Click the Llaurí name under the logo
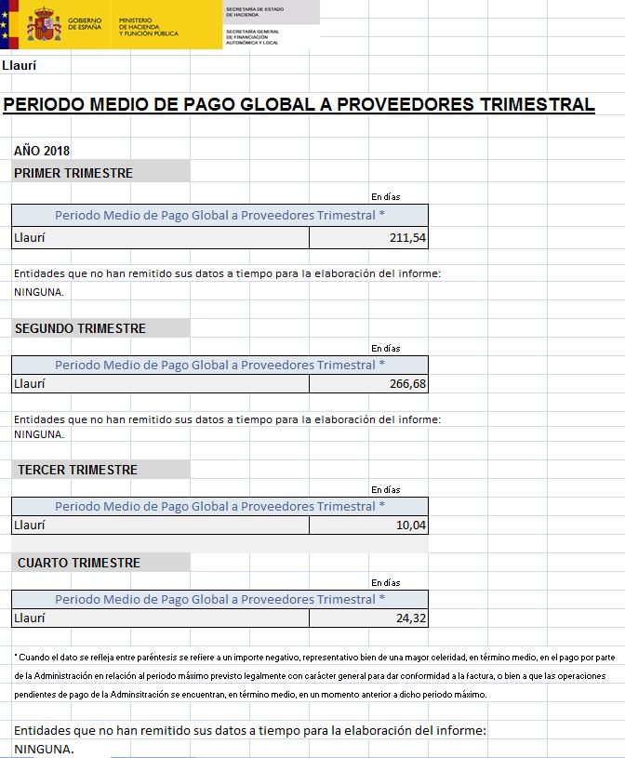[19, 66]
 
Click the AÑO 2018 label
[42, 151]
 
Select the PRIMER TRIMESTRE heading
[73, 173]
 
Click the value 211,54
[407, 238]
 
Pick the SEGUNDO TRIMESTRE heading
[80, 328]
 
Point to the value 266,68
[407, 383]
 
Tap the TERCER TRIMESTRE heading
[77, 470]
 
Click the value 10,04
[411, 525]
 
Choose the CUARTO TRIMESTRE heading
[79, 563]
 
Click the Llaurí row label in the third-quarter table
[29, 525]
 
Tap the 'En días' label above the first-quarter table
[386, 197]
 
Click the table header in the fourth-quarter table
[219, 599]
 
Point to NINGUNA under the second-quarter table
[39, 434]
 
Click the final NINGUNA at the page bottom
[44, 748]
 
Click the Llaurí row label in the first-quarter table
[29, 237]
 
